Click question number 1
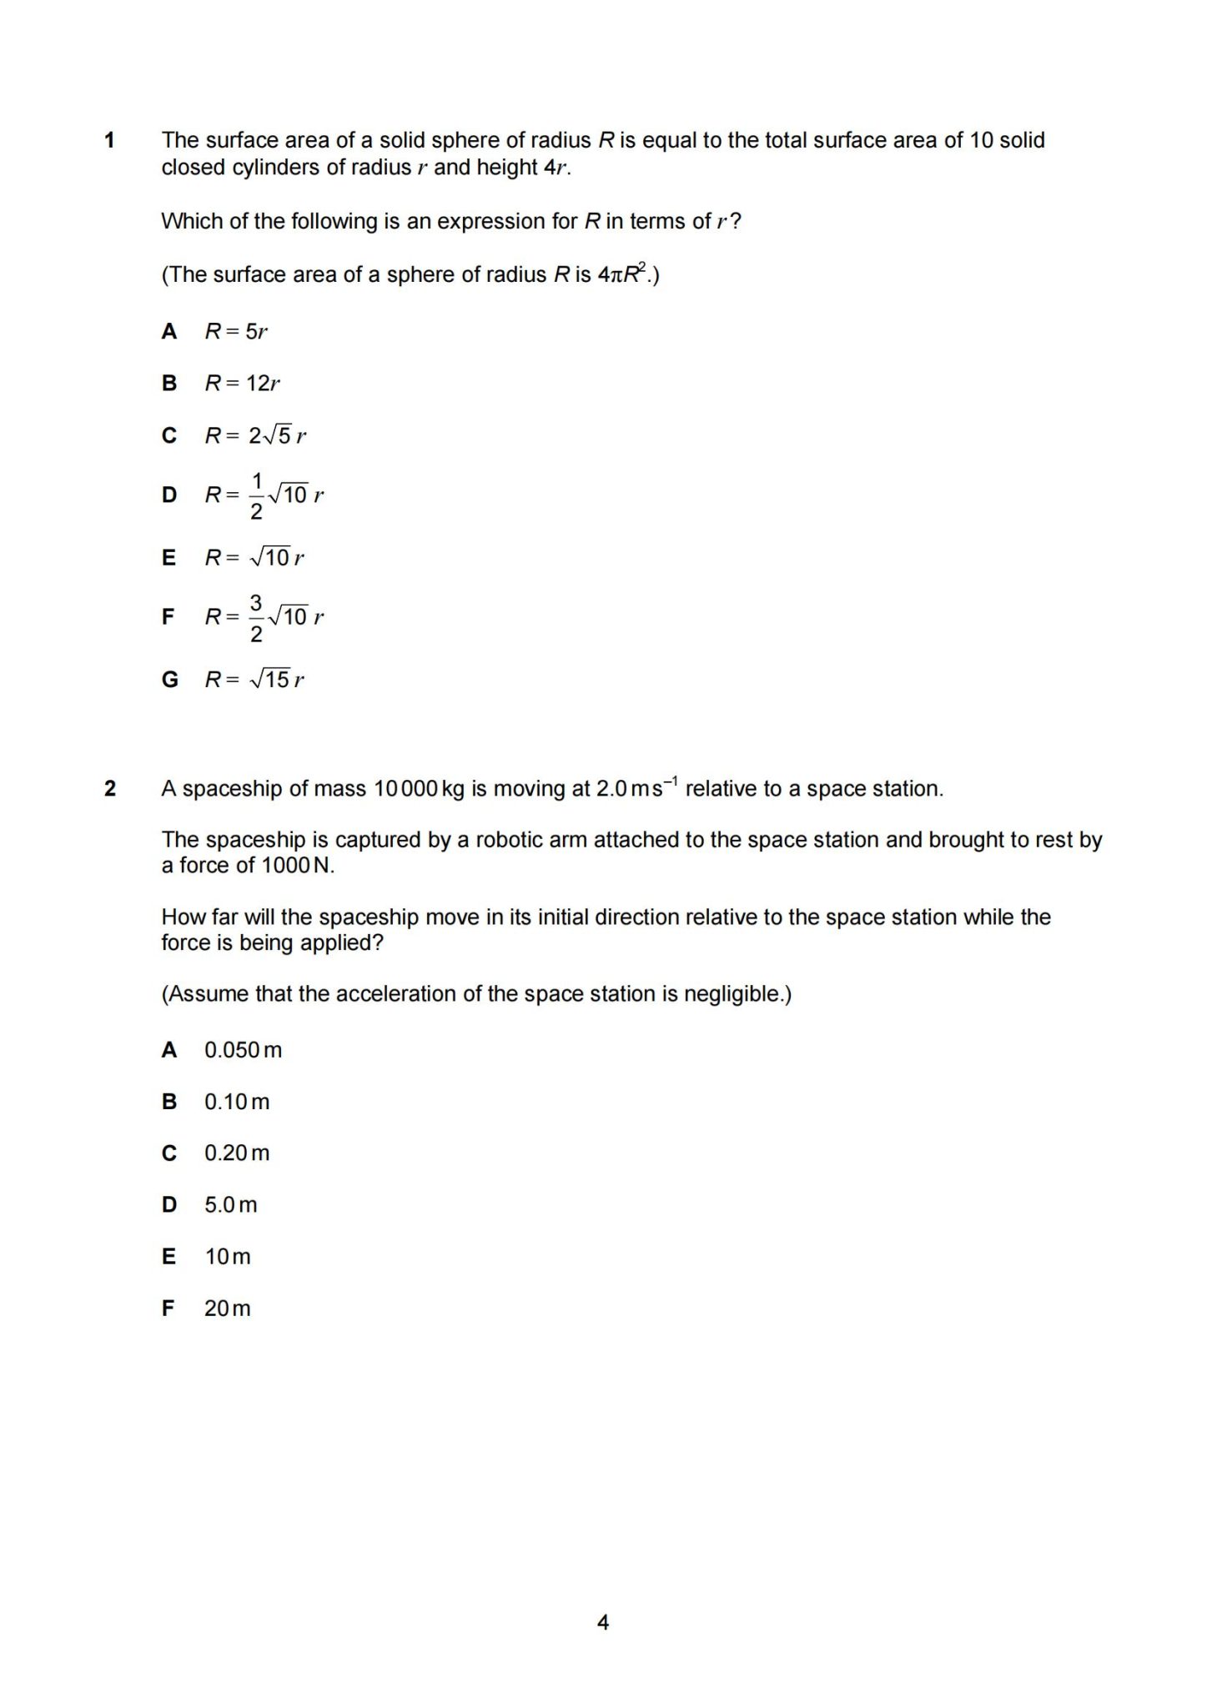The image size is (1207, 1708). (x=109, y=140)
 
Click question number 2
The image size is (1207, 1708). (x=109, y=788)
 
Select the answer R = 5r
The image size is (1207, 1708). (x=236, y=332)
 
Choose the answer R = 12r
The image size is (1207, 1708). (x=242, y=384)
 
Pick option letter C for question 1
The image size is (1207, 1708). (x=169, y=435)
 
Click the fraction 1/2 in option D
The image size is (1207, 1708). (x=256, y=495)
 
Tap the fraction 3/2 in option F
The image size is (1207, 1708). (x=256, y=617)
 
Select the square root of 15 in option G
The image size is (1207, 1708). (x=269, y=680)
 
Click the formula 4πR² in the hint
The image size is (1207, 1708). (x=623, y=274)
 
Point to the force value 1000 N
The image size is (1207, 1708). (x=298, y=866)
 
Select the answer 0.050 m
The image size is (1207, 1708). (x=243, y=1050)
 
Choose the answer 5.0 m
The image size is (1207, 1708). (x=231, y=1205)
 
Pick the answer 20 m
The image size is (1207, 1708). (x=227, y=1309)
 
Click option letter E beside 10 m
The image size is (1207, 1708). (x=169, y=1257)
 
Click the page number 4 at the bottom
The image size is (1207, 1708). (x=603, y=1622)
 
